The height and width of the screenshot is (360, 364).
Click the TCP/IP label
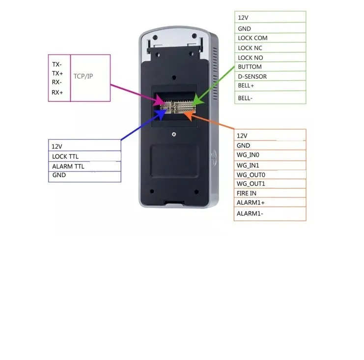[x=83, y=77]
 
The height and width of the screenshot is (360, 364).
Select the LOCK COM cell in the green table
[x=252, y=38]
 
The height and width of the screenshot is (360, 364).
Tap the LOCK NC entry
[x=250, y=48]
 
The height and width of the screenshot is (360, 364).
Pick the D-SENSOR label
[x=252, y=76]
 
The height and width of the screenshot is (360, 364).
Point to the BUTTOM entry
[x=250, y=66]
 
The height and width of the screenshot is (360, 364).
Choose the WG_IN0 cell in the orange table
[x=248, y=155]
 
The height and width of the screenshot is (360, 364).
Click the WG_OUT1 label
[x=251, y=183]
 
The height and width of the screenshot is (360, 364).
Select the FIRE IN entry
[x=247, y=193]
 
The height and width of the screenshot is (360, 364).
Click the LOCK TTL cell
[x=65, y=156]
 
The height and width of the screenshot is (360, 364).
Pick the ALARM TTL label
[x=68, y=166]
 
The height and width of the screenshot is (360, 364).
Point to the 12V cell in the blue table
[x=57, y=146]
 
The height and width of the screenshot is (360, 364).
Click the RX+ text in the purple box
[x=57, y=92]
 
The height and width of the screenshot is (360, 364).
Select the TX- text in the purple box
[x=57, y=64]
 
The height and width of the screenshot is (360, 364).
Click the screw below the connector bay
[x=173, y=134]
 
